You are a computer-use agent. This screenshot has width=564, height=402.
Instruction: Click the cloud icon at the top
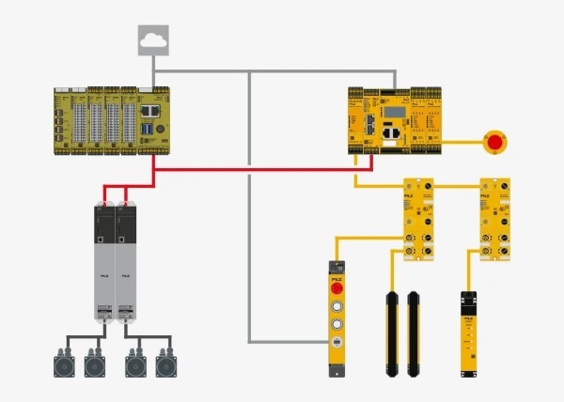click(x=151, y=39)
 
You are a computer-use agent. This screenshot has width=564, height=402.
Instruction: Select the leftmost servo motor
click(x=63, y=362)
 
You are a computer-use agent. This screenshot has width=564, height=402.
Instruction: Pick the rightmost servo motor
click(x=166, y=362)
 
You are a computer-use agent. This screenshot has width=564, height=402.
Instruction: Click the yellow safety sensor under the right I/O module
click(x=467, y=334)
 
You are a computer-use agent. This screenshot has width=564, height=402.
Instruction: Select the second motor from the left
click(x=95, y=362)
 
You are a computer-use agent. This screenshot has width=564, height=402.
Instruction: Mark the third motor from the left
click(x=134, y=362)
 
